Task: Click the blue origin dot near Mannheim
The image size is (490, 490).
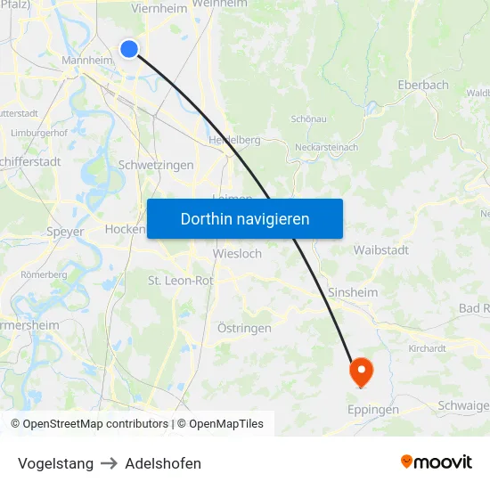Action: pos(129,49)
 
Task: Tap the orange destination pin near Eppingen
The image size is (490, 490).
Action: pos(361,371)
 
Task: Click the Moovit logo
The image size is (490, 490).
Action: pos(437,462)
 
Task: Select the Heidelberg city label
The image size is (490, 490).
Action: pos(234,140)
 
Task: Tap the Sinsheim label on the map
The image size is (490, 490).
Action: pos(353,292)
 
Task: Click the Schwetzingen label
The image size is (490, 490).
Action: pos(156,165)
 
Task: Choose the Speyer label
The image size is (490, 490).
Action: pos(64,232)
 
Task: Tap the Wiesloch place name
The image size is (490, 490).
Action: pos(237,254)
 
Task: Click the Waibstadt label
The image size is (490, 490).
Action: pos(380,249)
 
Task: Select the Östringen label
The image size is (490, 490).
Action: pos(244,329)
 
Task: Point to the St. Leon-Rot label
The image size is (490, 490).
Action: pos(180,281)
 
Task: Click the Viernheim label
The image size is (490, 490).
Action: pos(159,8)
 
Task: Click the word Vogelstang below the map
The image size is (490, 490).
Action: pos(55,463)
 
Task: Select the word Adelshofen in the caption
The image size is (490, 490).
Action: pos(163,463)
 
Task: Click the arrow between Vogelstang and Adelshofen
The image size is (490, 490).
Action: pos(109,463)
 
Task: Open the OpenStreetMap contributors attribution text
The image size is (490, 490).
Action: pos(95,424)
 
